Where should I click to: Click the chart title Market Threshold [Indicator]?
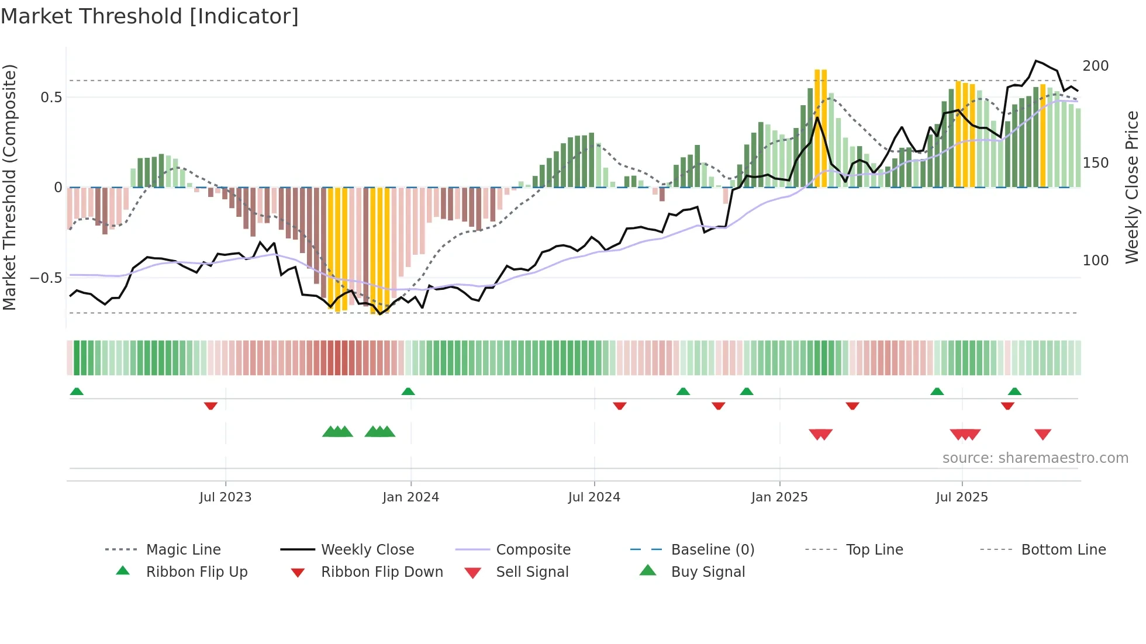pyautogui.click(x=150, y=16)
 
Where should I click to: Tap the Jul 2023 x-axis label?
pyautogui.click(x=225, y=497)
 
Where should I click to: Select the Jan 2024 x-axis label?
pyautogui.click(x=410, y=497)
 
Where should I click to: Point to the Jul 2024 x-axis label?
pyautogui.click(x=594, y=497)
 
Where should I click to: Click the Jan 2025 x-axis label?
pyautogui.click(x=779, y=497)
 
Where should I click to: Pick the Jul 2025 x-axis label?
pyautogui.click(x=962, y=497)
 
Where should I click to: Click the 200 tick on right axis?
pyautogui.click(x=1095, y=66)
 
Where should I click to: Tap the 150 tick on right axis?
pyautogui.click(x=1095, y=163)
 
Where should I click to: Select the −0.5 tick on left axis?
pyautogui.click(x=46, y=278)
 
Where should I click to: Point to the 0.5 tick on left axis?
pyautogui.click(x=51, y=98)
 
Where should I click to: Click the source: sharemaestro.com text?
pyautogui.click(x=1035, y=458)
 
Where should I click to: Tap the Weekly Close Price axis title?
pyautogui.click(x=1132, y=187)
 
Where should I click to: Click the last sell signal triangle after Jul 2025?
pyautogui.click(x=1043, y=434)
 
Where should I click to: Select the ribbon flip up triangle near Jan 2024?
pyautogui.click(x=408, y=392)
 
